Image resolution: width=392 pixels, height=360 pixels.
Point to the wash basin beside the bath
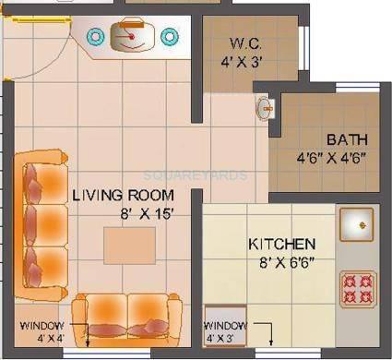266,108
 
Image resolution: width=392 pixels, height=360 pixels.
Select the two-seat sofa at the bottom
126,317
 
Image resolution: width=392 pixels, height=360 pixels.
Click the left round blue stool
95,36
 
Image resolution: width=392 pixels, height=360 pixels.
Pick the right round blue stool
169,36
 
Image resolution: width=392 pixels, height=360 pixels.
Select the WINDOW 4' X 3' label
226,333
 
